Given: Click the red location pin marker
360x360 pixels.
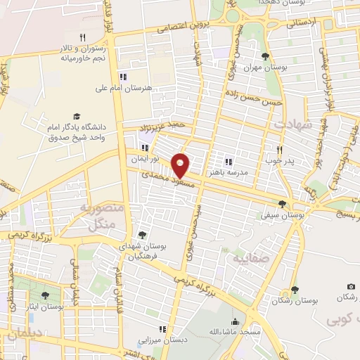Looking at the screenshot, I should point(181,165).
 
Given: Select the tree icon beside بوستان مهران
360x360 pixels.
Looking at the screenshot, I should point(264,56).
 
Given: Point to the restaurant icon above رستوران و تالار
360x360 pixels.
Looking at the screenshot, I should point(82,37).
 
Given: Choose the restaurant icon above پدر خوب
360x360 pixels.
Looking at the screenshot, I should point(280,149).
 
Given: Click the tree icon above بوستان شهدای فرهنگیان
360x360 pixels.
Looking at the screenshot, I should point(142,234).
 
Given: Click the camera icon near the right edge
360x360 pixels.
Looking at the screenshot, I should point(350,287).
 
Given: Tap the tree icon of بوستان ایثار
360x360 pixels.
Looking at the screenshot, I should point(46,295).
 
